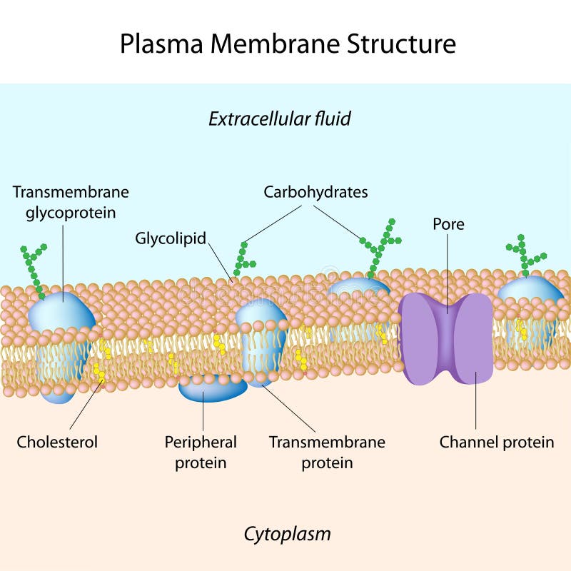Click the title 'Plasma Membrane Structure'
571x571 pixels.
pyautogui.click(x=287, y=44)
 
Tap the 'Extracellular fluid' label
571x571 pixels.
pyautogui.click(x=280, y=118)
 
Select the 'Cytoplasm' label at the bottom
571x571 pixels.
pyautogui.click(x=287, y=533)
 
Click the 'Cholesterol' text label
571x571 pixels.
pyautogui.click(x=57, y=442)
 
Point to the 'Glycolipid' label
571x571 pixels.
pyautogui.click(x=171, y=238)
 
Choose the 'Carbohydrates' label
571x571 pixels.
pyautogui.click(x=315, y=192)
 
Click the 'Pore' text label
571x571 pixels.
pyautogui.click(x=448, y=224)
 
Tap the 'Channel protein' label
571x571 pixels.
pyautogui.click(x=496, y=442)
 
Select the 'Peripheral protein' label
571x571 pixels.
pyautogui.click(x=201, y=452)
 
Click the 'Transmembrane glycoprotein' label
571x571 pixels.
pyautogui.click(x=71, y=202)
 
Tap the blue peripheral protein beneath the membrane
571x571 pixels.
pyautogui.click(x=212, y=389)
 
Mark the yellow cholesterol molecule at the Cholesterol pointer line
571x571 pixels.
pyautogui.click(x=100, y=373)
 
